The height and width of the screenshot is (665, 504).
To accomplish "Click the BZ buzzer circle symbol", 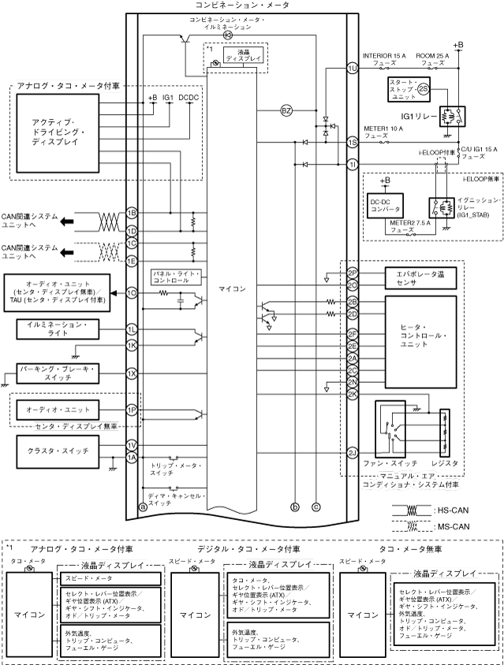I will pos(286,111).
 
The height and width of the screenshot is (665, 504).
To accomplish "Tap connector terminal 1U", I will pos(353,69).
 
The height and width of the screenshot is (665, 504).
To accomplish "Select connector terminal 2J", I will pos(353,451).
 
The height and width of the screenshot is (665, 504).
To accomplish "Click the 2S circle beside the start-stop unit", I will pos(424,90).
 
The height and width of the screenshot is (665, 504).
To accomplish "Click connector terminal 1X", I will pos(133,373).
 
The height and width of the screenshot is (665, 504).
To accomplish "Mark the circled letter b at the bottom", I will pos(295,507).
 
